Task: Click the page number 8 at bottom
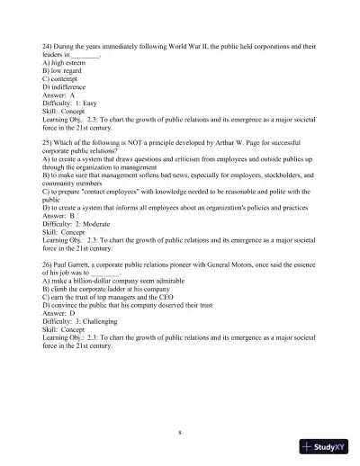(180, 433)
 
